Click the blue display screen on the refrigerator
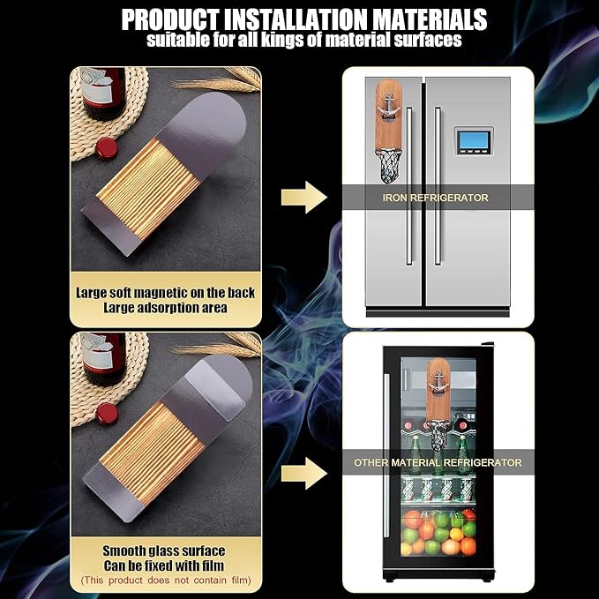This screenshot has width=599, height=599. point(474,140)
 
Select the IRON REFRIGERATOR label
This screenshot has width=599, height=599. point(435,198)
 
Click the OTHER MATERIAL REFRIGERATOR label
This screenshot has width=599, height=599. point(438,462)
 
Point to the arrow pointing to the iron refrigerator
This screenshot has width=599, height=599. point(304,197)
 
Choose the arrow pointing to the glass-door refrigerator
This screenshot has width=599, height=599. point(304,474)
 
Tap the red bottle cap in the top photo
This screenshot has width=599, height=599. point(107,147)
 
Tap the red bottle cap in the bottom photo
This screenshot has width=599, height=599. point(107,414)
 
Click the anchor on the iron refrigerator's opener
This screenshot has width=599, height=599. point(388,106)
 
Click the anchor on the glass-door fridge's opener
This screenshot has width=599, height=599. point(438,382)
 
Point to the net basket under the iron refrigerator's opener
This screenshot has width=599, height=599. point(388,165)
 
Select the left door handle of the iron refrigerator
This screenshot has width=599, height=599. point(409,185)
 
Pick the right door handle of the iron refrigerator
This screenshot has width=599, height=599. point(438,185)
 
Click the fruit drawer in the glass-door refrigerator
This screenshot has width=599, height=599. point(438,532)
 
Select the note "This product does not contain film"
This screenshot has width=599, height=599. point(166,580)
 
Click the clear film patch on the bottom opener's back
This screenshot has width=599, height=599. point(214,390)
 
